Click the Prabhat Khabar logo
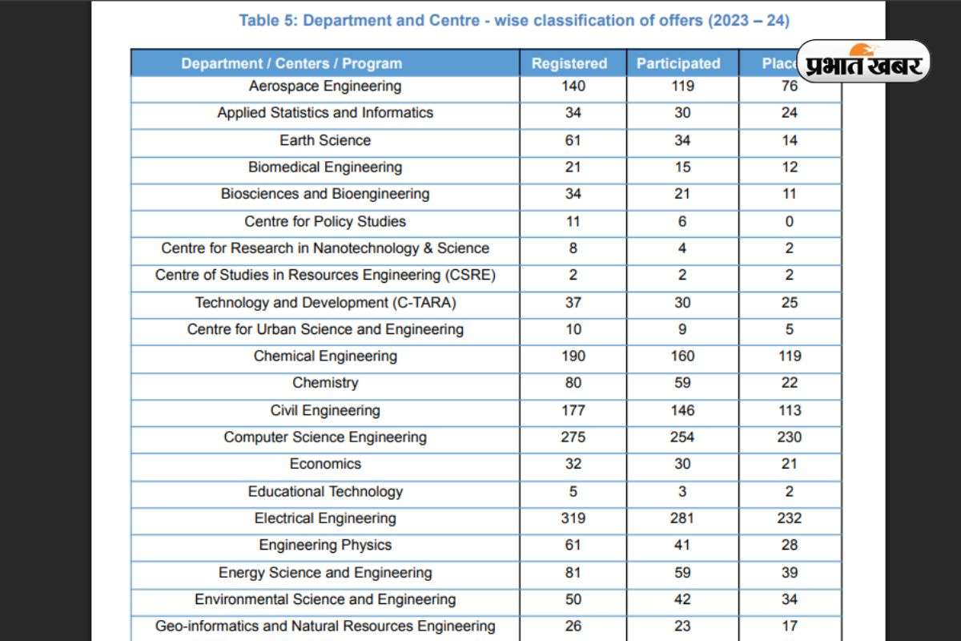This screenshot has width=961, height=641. coord(864,61)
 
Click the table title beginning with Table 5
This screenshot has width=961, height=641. coord(514,21)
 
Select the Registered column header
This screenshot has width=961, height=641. coord(569,63)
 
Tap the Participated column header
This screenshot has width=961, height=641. coord(678,63)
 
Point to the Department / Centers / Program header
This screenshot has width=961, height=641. coord(292,63)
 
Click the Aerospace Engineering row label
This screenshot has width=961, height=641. coord(325,86)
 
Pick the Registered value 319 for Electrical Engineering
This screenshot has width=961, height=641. coord(573,518)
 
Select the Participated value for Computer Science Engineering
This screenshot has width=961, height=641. coord(682,437)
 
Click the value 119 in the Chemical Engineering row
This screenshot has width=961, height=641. coord(790,356)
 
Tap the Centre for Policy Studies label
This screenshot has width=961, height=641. coord(325,221)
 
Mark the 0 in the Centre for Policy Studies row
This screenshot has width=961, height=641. coord(790,221)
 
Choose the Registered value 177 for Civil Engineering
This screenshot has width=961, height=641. coord(573,410)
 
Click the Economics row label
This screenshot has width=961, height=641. coord(325,464)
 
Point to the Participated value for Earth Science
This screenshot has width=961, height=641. coord(682,140)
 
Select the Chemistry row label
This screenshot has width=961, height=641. coord(325,383)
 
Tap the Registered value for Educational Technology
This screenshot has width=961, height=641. coord(573,491)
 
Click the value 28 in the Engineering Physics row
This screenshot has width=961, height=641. coord(790,545)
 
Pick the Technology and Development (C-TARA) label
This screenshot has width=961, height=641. coord(325,302)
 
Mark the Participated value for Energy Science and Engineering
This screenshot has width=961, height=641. coord(682,572)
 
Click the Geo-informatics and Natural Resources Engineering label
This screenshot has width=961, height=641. coord(325,626)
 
